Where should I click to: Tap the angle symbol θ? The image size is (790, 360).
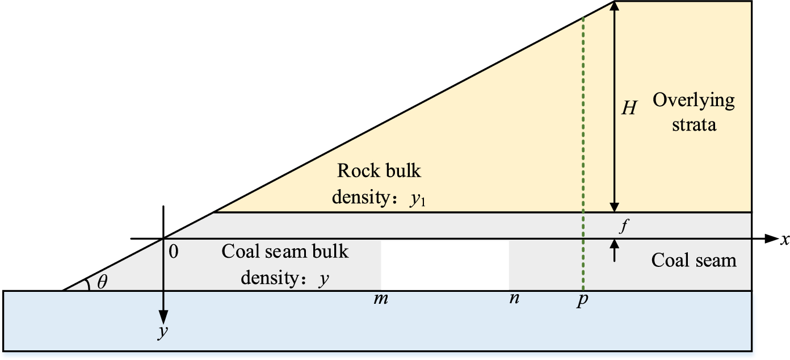point(102,282)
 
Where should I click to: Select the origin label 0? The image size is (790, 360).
point(174,252)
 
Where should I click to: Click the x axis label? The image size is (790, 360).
point(785,240)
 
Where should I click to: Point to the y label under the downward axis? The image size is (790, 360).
point(162,330)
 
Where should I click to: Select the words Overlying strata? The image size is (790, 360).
point(693,112)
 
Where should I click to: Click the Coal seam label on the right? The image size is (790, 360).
point(693,260)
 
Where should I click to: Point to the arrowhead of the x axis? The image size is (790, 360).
point(770,239)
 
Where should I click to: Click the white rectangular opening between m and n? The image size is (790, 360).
point(445,265)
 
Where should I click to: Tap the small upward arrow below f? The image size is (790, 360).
point(614,250)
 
